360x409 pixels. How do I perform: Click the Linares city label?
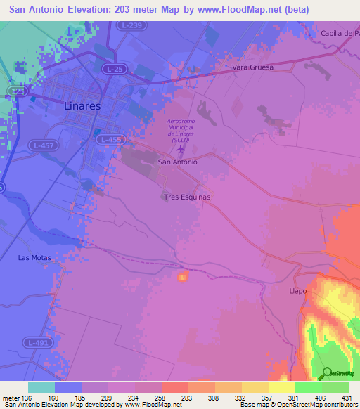click(x=82, y=105)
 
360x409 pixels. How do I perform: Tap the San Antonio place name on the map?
click(x=178, y=162)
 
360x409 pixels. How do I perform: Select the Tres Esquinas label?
click(x=186, y=197)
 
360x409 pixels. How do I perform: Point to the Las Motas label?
click(x=34, y=258)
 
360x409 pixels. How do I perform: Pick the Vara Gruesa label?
click(x=252, y=68)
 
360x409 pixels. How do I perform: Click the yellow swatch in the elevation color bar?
click(x=281, y=387)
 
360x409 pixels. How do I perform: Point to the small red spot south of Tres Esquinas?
click(x=183, y=277)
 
